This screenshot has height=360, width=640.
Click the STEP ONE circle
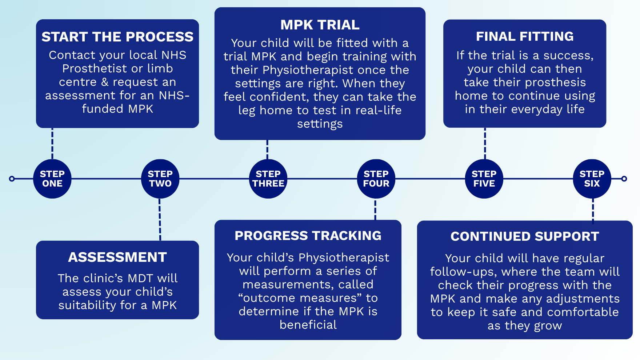(52, 179)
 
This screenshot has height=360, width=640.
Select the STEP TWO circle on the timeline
(160, 179)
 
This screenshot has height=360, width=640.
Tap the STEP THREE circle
(268, 179)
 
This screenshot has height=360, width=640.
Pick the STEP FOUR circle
(376, 179)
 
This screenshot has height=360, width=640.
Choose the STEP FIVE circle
(484, 179)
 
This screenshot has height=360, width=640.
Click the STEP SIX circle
(592, 179)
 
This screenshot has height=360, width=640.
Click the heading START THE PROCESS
(117, 37)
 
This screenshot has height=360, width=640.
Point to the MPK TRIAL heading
(320, 25)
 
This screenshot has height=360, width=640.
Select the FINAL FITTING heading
(525, 36)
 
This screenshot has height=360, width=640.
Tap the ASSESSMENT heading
(117, 257)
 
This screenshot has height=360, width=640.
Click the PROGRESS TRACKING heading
(308, 236)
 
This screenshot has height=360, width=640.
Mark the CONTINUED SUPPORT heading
(525, 236)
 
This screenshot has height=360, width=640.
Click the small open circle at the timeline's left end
(12, 179)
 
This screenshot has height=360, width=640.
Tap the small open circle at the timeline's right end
(624, 179)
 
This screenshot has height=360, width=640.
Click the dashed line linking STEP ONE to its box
(52, 144)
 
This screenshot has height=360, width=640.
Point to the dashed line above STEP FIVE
(485, 144)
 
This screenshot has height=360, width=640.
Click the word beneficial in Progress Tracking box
(308, 325)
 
